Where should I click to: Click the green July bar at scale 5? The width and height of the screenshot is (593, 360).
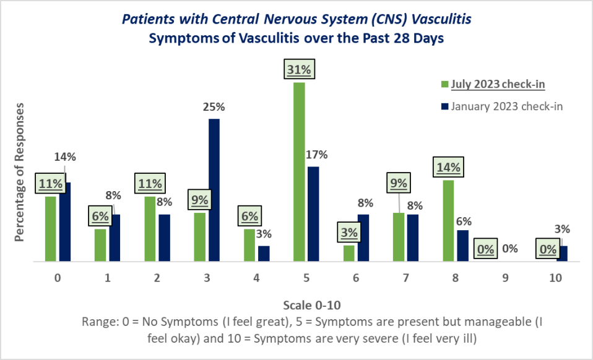click(x=299, y=172)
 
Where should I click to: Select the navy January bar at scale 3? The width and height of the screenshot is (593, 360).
click(x=214, y=190)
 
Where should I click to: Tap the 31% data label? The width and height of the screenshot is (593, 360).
click(x=299, y=70)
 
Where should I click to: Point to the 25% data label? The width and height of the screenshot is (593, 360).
click(x=214, y=107)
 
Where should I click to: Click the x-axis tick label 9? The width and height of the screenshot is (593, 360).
click(x=506, y=278)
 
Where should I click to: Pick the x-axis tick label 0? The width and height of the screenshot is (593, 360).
click(x=58, y=278)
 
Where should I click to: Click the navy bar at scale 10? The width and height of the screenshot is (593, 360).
click(x=562, y=254)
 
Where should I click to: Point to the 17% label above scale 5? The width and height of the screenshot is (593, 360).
click(x=317, y=155)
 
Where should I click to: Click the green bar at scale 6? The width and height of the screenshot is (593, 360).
click(x=348, y=254)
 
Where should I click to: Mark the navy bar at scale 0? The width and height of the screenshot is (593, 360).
click(x=65, y=221)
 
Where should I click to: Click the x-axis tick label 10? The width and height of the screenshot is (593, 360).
click(x=555, y=278)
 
